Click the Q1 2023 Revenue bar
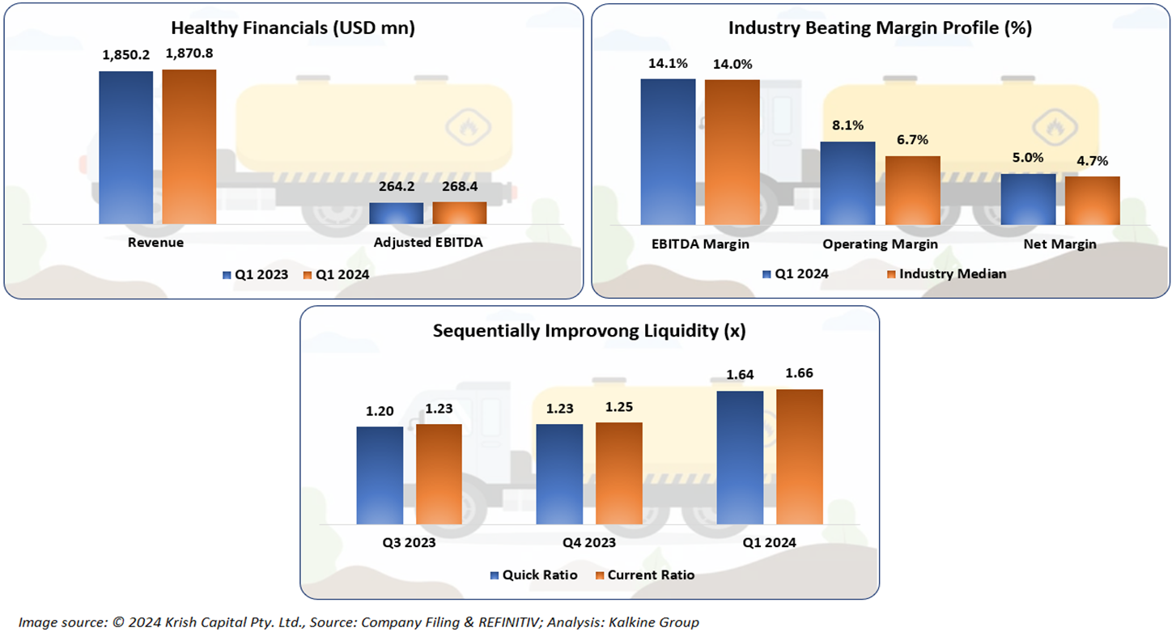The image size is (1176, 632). tap(126, 147)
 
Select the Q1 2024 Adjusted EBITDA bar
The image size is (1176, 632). tap(459, 213)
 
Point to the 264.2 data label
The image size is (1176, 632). tap(396, 187)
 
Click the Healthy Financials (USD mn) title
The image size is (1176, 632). tap(294, 28)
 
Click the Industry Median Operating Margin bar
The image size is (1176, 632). tap(912, 190)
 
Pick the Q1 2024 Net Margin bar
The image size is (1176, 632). tap(1028, 199)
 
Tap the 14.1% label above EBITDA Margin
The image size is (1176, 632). tap(668, 63)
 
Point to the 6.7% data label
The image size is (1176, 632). tap(912, 141)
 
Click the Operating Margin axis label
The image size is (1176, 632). tap(880, 244)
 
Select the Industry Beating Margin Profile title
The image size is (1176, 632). tap(880, 28)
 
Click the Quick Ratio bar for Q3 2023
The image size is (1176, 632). tap(380, 475)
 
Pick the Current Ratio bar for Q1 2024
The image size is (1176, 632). tap(800, 456)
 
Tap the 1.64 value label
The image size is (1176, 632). tap(740, 374)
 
